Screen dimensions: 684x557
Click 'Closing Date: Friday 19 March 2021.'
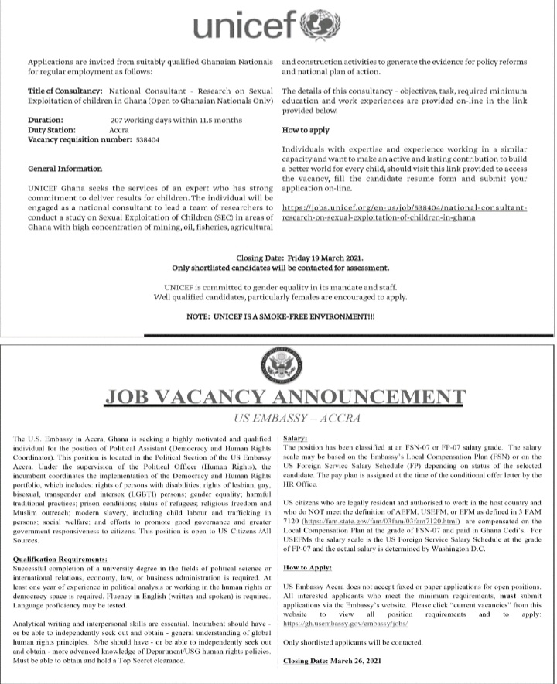coord(278,257)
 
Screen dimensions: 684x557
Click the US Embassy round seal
coord(278,364)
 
